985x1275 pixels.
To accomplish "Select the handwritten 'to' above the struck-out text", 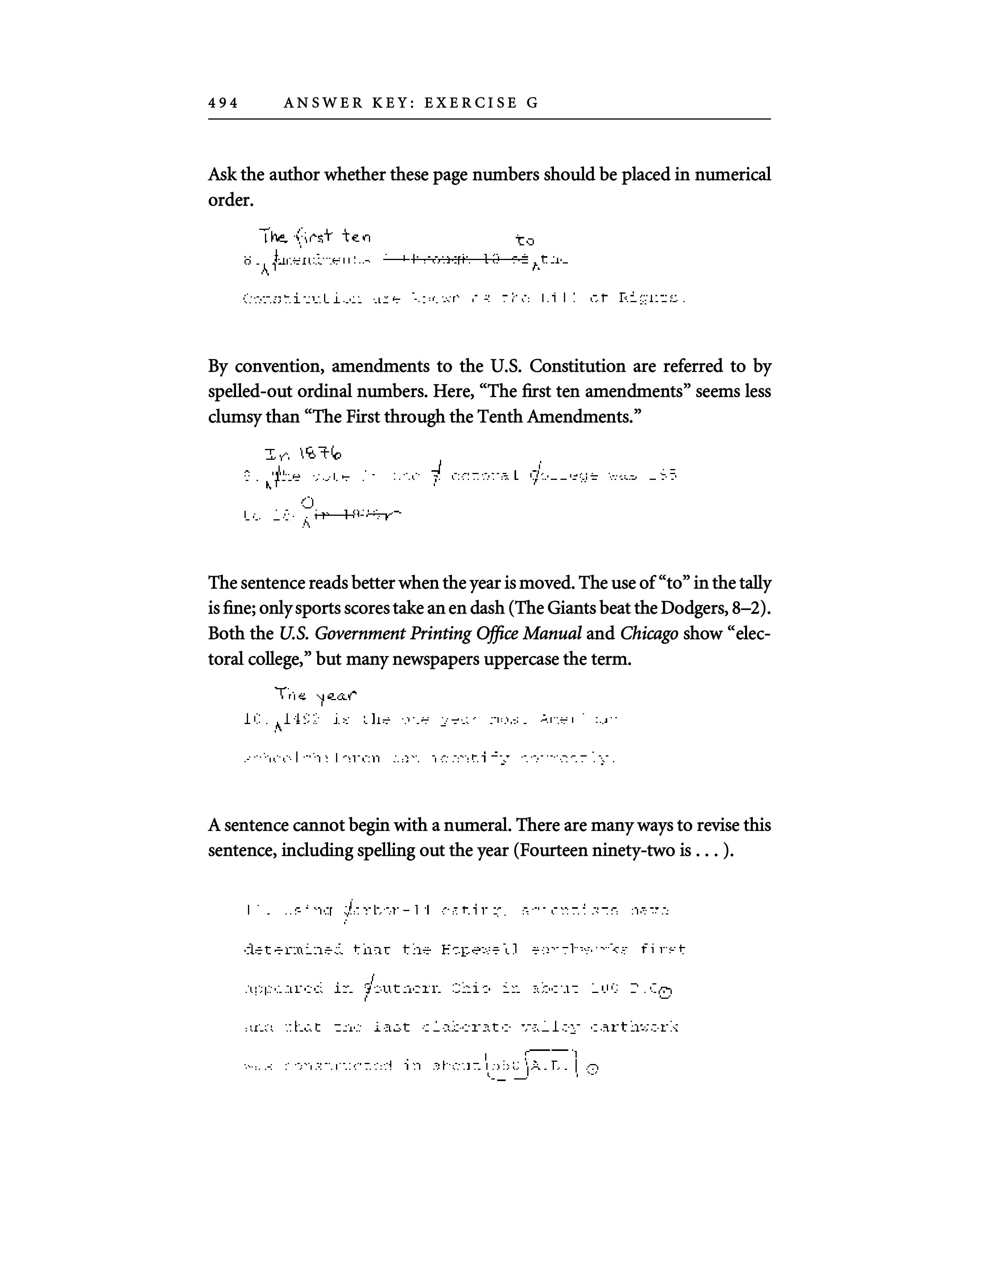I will [525, 240].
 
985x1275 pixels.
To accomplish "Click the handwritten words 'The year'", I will [315, 695].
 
